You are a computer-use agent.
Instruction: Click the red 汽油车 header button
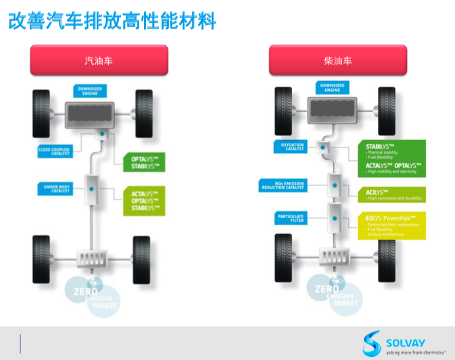(98, 60)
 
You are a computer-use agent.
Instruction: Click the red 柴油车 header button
(338, 60)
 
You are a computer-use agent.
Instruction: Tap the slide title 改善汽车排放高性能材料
(112, 22)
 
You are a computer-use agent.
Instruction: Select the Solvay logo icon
(372, 343)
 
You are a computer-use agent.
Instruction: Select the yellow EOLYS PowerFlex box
(391, 225)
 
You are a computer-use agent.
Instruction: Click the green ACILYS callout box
(391, 195)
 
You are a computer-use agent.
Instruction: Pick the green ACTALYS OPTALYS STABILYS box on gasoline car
(143, 200)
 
